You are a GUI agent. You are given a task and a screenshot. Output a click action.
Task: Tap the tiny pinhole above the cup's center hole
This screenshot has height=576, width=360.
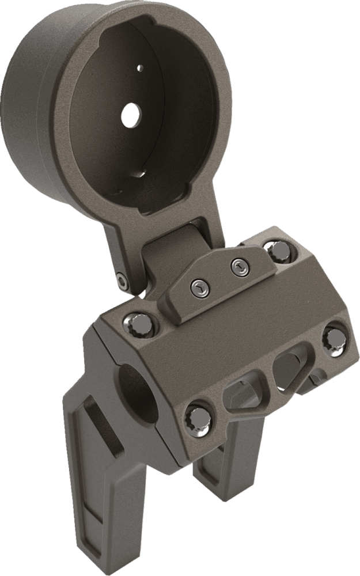click(140, 68)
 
